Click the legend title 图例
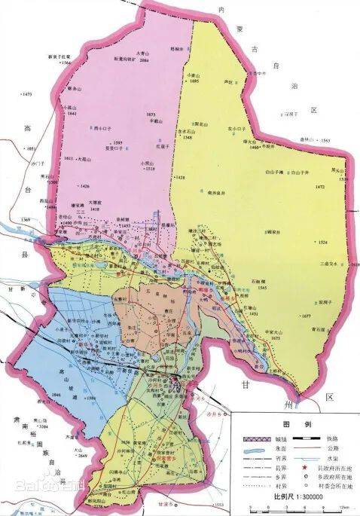click(295, 423)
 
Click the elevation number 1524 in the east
click(323, 242)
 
